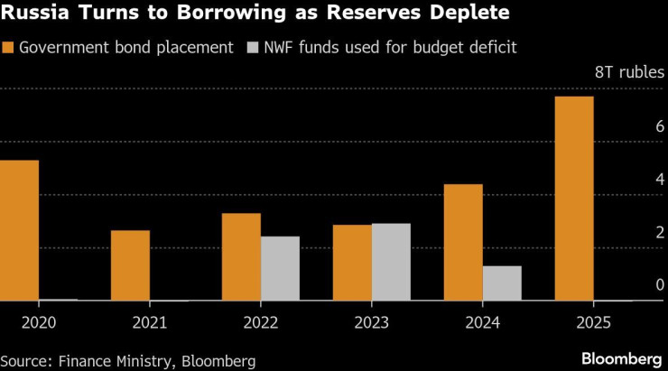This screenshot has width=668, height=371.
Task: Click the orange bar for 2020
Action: tap(19, 230)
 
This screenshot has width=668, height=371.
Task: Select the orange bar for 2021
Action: tap(130, 265)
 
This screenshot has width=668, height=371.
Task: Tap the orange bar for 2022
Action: tap(241, 257)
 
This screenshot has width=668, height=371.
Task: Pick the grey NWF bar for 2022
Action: tap(280, 268)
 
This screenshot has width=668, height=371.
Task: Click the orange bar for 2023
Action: tap(352, 263)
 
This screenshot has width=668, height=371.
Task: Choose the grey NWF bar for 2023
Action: tap(391, 262)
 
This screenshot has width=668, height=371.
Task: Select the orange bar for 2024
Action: tap(463, 242)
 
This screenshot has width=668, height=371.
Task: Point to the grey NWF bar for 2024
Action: tap(502, 283)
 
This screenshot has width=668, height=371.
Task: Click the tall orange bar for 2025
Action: tap(574, 199)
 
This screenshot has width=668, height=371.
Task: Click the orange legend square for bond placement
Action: tap(7, 48)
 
